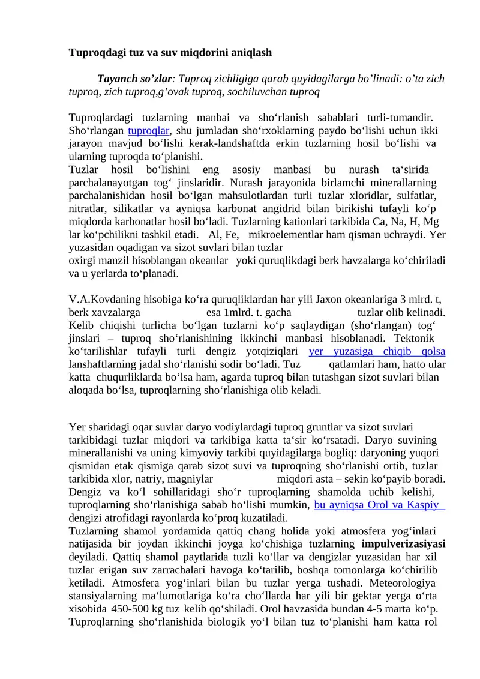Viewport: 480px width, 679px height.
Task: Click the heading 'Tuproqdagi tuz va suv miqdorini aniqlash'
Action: coord(170,53)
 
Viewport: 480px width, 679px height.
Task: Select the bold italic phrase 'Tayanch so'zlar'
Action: coord(134,79)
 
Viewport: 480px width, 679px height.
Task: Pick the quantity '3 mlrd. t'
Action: coord(422,300)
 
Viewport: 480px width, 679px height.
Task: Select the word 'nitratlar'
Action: coord(86,208)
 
